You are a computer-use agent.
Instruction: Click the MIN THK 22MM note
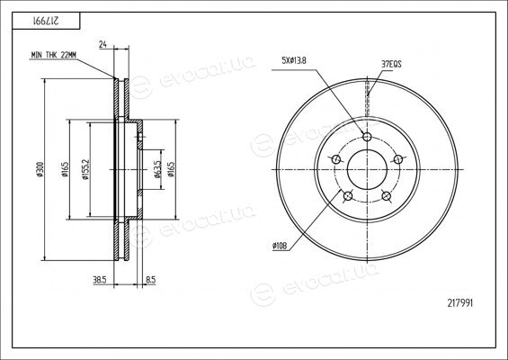[53, 55]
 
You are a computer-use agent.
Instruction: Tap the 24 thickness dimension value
[102, 44]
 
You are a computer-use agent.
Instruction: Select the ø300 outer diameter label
[40, 169]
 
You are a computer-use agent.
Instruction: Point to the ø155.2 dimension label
[85, 169]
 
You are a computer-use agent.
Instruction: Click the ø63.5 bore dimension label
[157, 169]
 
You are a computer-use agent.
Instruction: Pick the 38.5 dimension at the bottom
[100, 280]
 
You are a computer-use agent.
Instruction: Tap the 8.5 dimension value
[151, 280]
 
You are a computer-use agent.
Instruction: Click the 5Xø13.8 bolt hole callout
[293, 60]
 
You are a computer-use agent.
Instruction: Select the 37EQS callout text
[391, 64]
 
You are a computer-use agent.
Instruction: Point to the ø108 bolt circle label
[280, 247]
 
